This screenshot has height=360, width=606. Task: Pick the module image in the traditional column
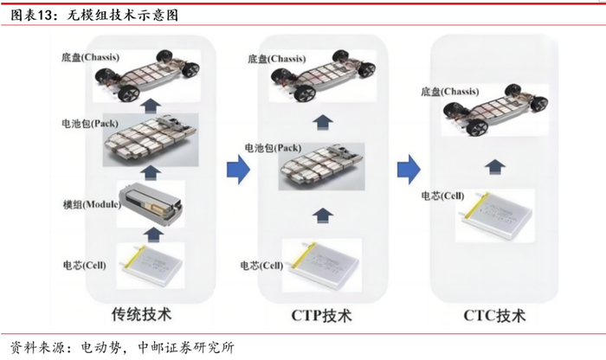(x=151, y=202)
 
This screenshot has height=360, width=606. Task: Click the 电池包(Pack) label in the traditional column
(x=90, y=123)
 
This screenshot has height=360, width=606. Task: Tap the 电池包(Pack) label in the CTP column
(x=274, y=146)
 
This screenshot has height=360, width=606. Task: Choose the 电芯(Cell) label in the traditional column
(x=85, y=265)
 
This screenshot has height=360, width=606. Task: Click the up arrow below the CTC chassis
(x=493, y=164)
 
